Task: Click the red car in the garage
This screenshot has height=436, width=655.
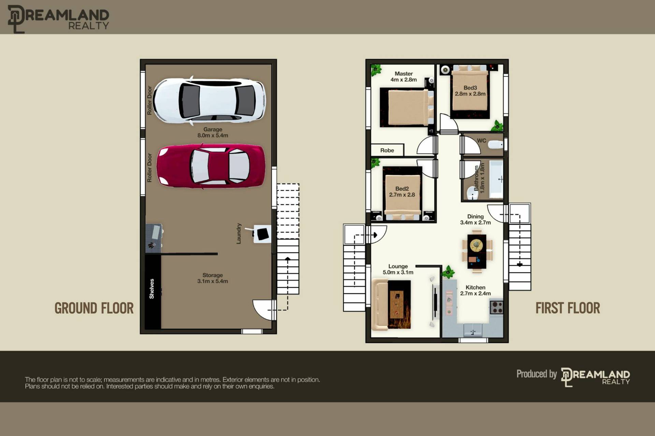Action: (210, 166)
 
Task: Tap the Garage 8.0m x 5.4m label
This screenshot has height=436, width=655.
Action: (213, 132)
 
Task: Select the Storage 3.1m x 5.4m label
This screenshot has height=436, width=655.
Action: (213, 278)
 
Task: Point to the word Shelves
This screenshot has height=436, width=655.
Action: (152, 289)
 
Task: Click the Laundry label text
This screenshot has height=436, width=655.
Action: (239, 234)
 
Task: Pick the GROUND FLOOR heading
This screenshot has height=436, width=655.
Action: (94, 308)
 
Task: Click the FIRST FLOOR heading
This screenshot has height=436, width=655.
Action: (568, 308)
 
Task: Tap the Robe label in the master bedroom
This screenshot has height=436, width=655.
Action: (387, 150)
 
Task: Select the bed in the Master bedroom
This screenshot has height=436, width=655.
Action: (407, 107)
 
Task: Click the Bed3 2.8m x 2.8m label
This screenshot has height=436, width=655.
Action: (470, 91)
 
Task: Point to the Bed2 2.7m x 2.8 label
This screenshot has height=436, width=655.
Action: (402, 192)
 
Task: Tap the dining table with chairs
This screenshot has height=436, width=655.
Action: (477, 251)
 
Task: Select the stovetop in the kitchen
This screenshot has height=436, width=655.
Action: (496, 307)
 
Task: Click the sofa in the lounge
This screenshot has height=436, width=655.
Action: (380, 304)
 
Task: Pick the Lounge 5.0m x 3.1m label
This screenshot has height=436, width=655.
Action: (398, 269)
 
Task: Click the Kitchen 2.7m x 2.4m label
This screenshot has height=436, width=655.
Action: (476, 290)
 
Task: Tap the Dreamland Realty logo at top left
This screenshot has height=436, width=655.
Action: (58, 19)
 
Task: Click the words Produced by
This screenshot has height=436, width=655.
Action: (537, 374)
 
